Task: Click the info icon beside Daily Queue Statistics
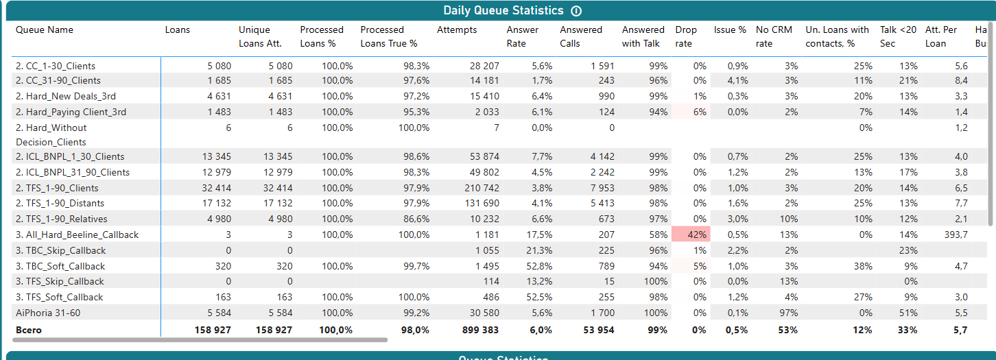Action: [x=576, y=11]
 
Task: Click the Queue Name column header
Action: [x=45, y=30]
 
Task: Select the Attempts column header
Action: [x=457, y=30]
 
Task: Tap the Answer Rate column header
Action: [x=523, y=36]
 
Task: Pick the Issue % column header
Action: [x=730, y=30]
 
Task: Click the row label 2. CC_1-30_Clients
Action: [x=56, y=67]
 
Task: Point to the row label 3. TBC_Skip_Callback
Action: [x=60, y=250]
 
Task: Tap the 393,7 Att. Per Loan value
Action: [x=956, y=235]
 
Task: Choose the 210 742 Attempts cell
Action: [x=482, y=188]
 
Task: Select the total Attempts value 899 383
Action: [x=479, y=330]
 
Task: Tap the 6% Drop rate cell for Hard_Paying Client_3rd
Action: [x=700, y=112]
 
